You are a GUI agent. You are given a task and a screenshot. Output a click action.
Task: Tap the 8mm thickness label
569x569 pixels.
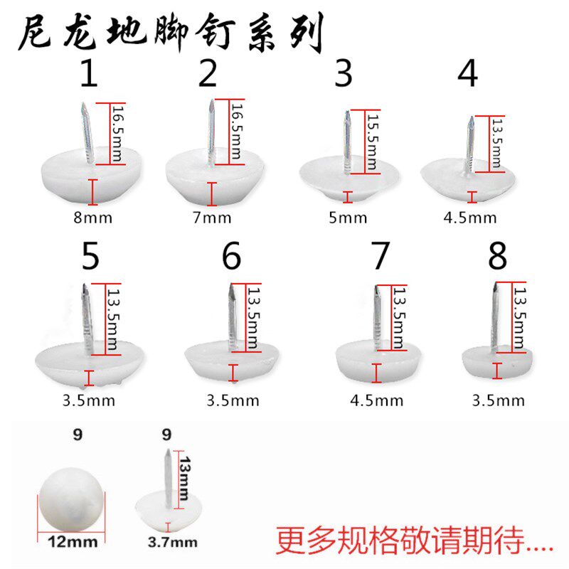click(92, 218)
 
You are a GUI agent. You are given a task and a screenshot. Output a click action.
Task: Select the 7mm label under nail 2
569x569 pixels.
click(212, 218)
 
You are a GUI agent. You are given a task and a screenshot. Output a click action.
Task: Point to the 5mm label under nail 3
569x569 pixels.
click(347, 218)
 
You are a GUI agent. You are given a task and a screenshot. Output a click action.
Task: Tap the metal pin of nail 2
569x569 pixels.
click(211, 132)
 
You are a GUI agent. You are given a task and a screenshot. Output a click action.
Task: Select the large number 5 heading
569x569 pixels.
click(90, 257)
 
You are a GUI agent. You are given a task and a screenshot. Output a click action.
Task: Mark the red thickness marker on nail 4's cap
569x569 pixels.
click(471, 196)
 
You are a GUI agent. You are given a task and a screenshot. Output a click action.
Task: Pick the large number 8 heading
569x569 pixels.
click(498, 257)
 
